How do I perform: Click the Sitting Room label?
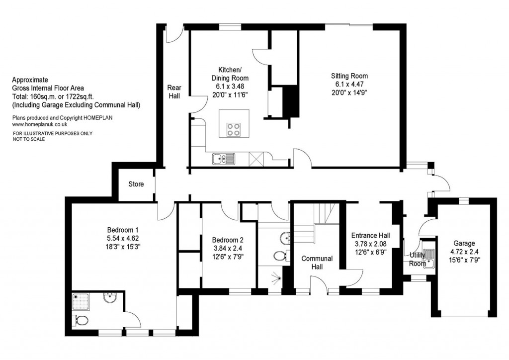pos(349,76)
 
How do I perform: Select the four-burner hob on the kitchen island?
pos(233,129)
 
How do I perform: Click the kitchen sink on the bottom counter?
pos(223,159)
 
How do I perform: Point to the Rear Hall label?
pos(174,90)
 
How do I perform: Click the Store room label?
pos(136,184)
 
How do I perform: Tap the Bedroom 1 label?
pos(122,230)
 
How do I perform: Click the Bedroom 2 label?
pos(227,239)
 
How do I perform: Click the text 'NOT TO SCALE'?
pos(29,139)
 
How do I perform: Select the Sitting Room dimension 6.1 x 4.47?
pos(349,85)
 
